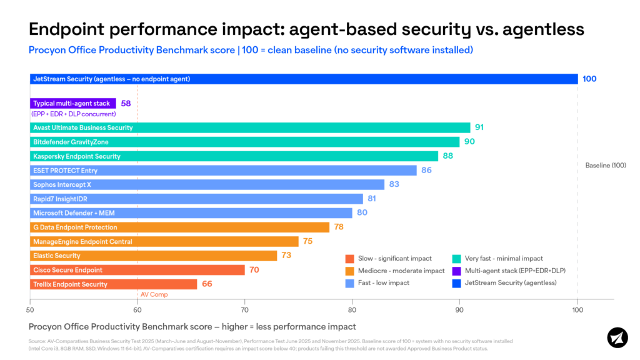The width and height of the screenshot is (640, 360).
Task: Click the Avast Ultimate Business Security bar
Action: tap(250, 127)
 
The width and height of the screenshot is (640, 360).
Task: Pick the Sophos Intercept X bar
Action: tap(207, 184)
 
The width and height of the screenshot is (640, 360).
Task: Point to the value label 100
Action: tap(589, 79)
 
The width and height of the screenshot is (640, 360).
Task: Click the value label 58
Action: tap(126, 103)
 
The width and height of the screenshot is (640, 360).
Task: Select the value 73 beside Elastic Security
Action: tap(286, 256)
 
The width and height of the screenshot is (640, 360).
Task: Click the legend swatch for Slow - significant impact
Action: tap(349, 259)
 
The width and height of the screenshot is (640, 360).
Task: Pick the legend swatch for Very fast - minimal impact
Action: tap(456, 259)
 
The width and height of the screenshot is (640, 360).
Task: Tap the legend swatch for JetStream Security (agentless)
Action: tap(456, 283)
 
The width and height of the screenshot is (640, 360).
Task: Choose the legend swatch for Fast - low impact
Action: tap(349, 283)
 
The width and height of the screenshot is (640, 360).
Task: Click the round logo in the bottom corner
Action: tap(617, 337)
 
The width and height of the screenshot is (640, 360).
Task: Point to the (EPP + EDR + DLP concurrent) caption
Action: tap(73, 114)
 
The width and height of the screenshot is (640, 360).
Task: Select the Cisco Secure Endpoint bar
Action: tap(137, 270)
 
